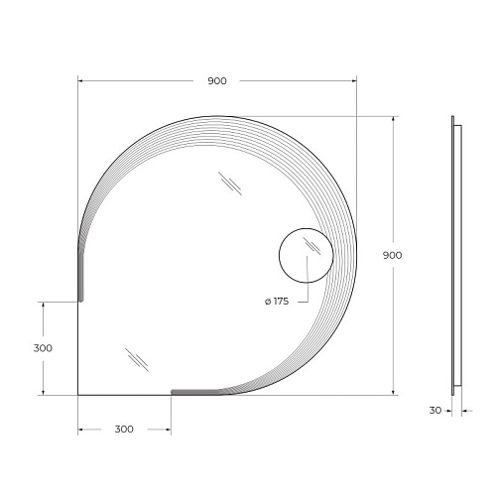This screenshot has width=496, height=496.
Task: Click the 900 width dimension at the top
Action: point(217,81)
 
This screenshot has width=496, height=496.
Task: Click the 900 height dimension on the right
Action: point(392,255)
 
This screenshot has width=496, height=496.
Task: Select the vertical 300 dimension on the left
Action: point(43,348)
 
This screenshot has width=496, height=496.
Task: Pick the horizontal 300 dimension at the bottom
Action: point(124,430)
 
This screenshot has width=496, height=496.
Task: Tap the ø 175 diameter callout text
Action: point(277,302)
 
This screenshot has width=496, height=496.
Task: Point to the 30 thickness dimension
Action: point(435,411)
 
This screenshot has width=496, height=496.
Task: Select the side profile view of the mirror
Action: point(456,255)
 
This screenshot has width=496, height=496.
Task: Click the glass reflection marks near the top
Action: point(230,184)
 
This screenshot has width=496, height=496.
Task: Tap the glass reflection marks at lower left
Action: point(137,359)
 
